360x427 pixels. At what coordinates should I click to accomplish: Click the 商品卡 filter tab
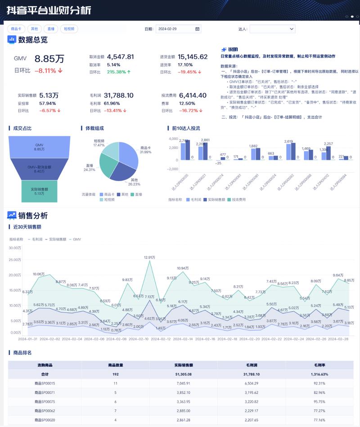16,29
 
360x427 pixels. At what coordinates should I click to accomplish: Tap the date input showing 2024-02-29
178,29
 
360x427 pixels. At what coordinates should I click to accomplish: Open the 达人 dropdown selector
272,29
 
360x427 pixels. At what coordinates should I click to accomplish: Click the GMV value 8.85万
49,59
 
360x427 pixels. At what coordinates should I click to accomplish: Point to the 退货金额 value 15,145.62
193,57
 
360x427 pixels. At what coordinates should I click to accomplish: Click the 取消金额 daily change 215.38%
119,72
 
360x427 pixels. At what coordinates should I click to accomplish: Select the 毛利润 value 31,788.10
118,95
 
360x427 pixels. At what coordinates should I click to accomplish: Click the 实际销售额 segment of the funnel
39,191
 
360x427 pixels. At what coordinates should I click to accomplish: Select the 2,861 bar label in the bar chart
205,140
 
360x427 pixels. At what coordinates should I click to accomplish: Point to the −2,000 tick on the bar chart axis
172,169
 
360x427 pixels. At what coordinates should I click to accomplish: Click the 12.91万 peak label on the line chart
149,257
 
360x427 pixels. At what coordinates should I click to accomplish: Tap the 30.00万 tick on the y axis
15,248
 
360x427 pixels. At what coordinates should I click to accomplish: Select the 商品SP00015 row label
45,383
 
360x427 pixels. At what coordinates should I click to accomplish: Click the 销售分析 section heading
33,216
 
